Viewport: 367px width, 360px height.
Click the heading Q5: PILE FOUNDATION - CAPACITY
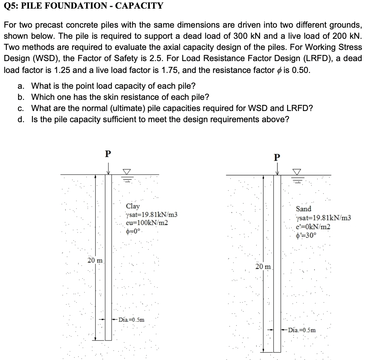coord(83,6)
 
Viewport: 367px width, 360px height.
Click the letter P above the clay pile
coord(107,154)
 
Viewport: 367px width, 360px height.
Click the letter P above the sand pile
coord(276,157)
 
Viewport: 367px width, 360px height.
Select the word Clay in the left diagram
coord(133,206)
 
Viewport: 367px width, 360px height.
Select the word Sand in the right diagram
coord(303,209)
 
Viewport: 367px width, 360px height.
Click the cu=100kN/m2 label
coord(147,222)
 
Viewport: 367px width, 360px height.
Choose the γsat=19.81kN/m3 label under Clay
coord(151,214)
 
